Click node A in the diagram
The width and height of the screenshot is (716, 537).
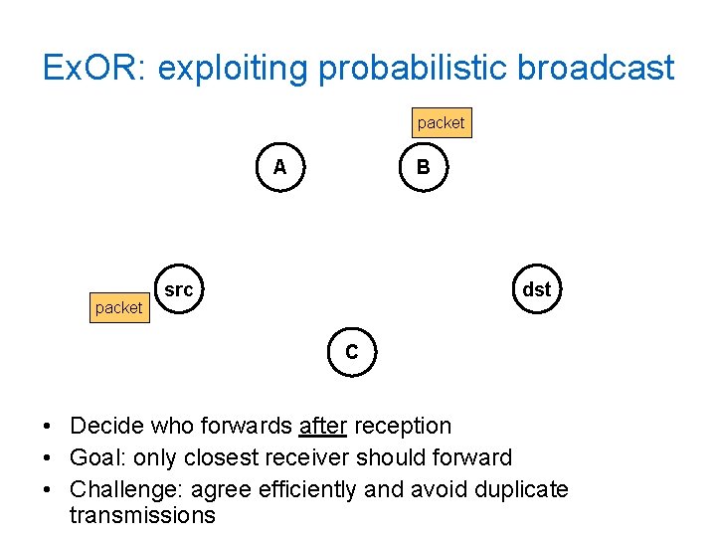[x=280, y=167]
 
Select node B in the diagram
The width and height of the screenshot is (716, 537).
[x=424, y=167]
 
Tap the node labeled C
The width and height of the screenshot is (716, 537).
[x=352, y=352]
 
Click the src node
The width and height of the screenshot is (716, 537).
[x=179, y=289]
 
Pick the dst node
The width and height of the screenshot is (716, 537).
[x=536, y=289]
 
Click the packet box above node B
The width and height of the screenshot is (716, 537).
[x=441, y=122]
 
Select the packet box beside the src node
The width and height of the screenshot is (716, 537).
[x=118, y=307]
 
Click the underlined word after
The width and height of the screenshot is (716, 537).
[x=322, y=426]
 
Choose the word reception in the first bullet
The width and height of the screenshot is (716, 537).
[x=403, y=426]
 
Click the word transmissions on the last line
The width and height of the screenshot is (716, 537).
[x=142, y=515]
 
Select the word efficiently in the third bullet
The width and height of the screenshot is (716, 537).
[x=305, y=489]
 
